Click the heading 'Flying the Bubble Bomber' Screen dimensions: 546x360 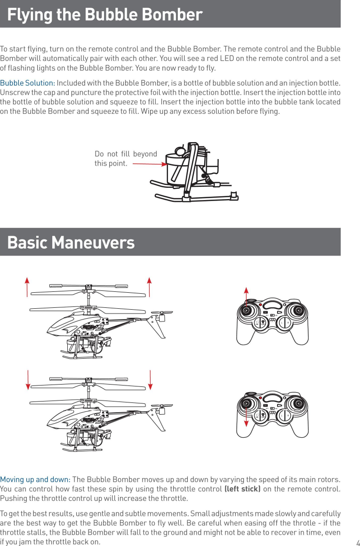pos(104,15)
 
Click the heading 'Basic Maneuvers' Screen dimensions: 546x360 pos(71,243)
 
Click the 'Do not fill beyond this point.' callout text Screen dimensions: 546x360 pos(126,159)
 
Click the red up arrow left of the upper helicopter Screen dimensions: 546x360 pos(27,287)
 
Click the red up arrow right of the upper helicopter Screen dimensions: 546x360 pos(149,287)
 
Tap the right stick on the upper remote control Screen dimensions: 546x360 pos(297,310)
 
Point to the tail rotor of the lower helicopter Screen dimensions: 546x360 pos(163,405)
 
